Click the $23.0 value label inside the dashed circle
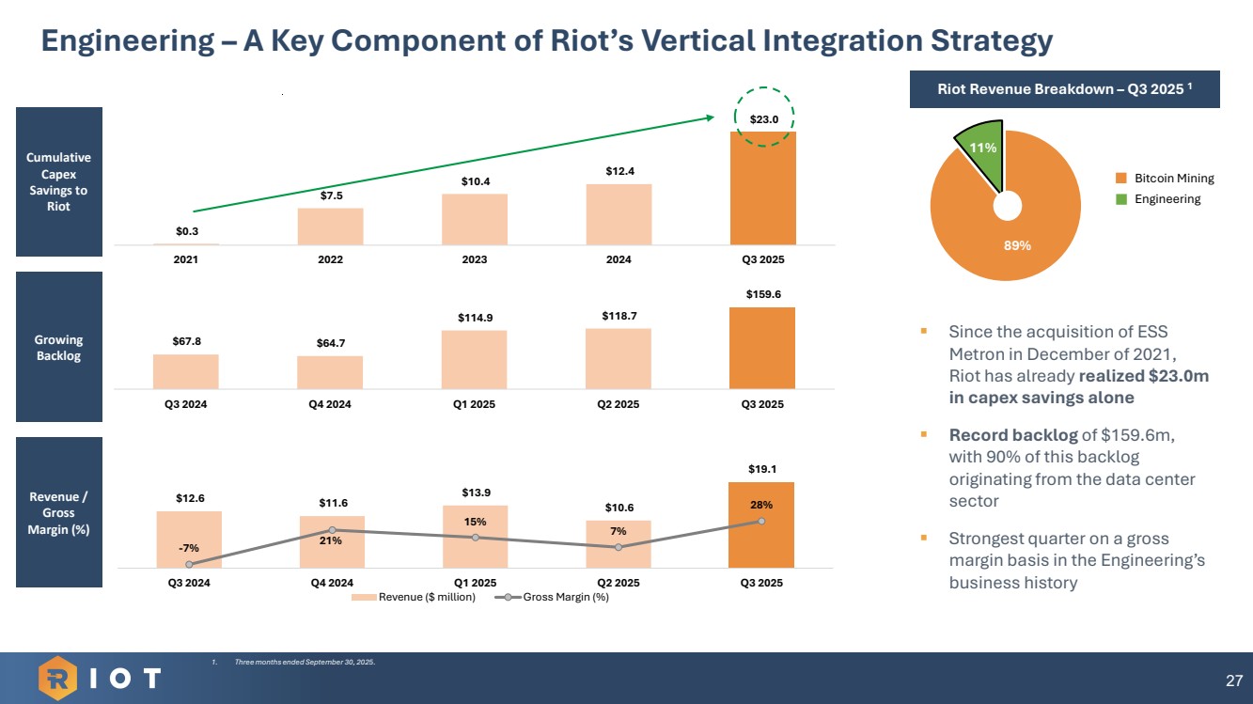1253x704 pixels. coord(763,119)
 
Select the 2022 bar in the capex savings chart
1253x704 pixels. coord(330,227)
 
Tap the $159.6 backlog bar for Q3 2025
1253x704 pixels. coord(762,348)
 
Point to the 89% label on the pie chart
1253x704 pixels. coord(1019,245)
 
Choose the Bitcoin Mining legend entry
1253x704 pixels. coord(1165,178)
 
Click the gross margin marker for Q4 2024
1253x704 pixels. coord(333,530)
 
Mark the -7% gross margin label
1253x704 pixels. coord(189,547)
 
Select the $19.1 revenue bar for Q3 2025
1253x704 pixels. coord(762,524)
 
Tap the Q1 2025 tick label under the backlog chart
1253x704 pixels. coord(475,404)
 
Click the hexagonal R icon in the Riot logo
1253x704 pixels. coord(58,678)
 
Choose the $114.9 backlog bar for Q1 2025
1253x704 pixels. coord(475,359)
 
